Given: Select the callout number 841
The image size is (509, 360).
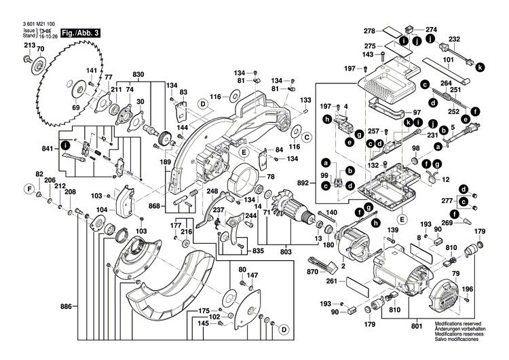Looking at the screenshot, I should (x=47, y=149).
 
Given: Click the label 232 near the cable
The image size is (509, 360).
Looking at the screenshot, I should (x=455, y=39).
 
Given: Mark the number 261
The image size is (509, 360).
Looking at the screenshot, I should (x=331, y=281).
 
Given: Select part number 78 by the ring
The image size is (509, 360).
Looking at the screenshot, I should (x=270, y=177).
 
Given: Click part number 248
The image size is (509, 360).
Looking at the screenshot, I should (x=212, y=192).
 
